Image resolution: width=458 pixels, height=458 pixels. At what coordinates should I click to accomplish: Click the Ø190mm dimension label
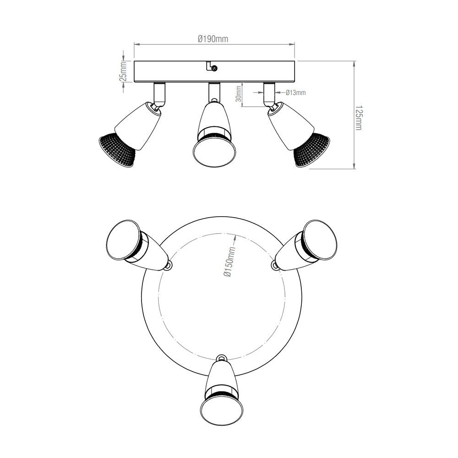pyautogui.click(x=213, y=39)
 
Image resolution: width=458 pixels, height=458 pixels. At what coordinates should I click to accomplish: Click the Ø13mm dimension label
pyautogui.click(x=295, y=93)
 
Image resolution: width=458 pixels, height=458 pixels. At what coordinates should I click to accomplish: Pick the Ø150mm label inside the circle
pyautogui.click(x=229, y=262)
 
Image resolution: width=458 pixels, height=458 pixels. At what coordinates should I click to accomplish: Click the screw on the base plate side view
pyautogui.click(x=214, y=68)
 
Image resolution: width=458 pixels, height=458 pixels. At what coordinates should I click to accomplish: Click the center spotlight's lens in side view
pyautogui.click(x=213, y=153)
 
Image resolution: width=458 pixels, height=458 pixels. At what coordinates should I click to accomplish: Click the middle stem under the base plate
pyautogui.click(x=213, y=92)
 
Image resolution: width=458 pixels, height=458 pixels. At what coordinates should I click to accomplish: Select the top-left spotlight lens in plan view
pyautogui.click(x=121, y=240)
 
